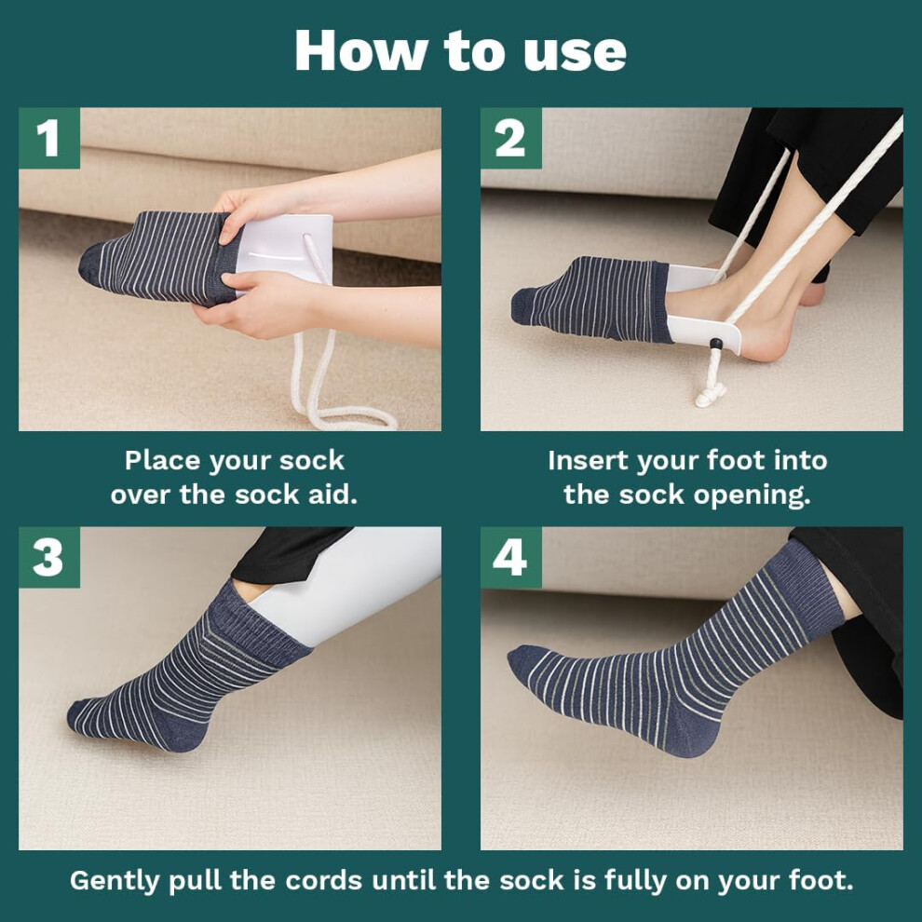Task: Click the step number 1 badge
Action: [x=49, y=138]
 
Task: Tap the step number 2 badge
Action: [x=511, y=138]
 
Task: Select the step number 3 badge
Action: [x=49, y=557]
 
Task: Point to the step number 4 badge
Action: [x=511, y=557]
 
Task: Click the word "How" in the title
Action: [x=360, y=50]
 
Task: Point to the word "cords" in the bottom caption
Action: [x=324, y=881]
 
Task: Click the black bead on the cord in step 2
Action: [x=716, y=344]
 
